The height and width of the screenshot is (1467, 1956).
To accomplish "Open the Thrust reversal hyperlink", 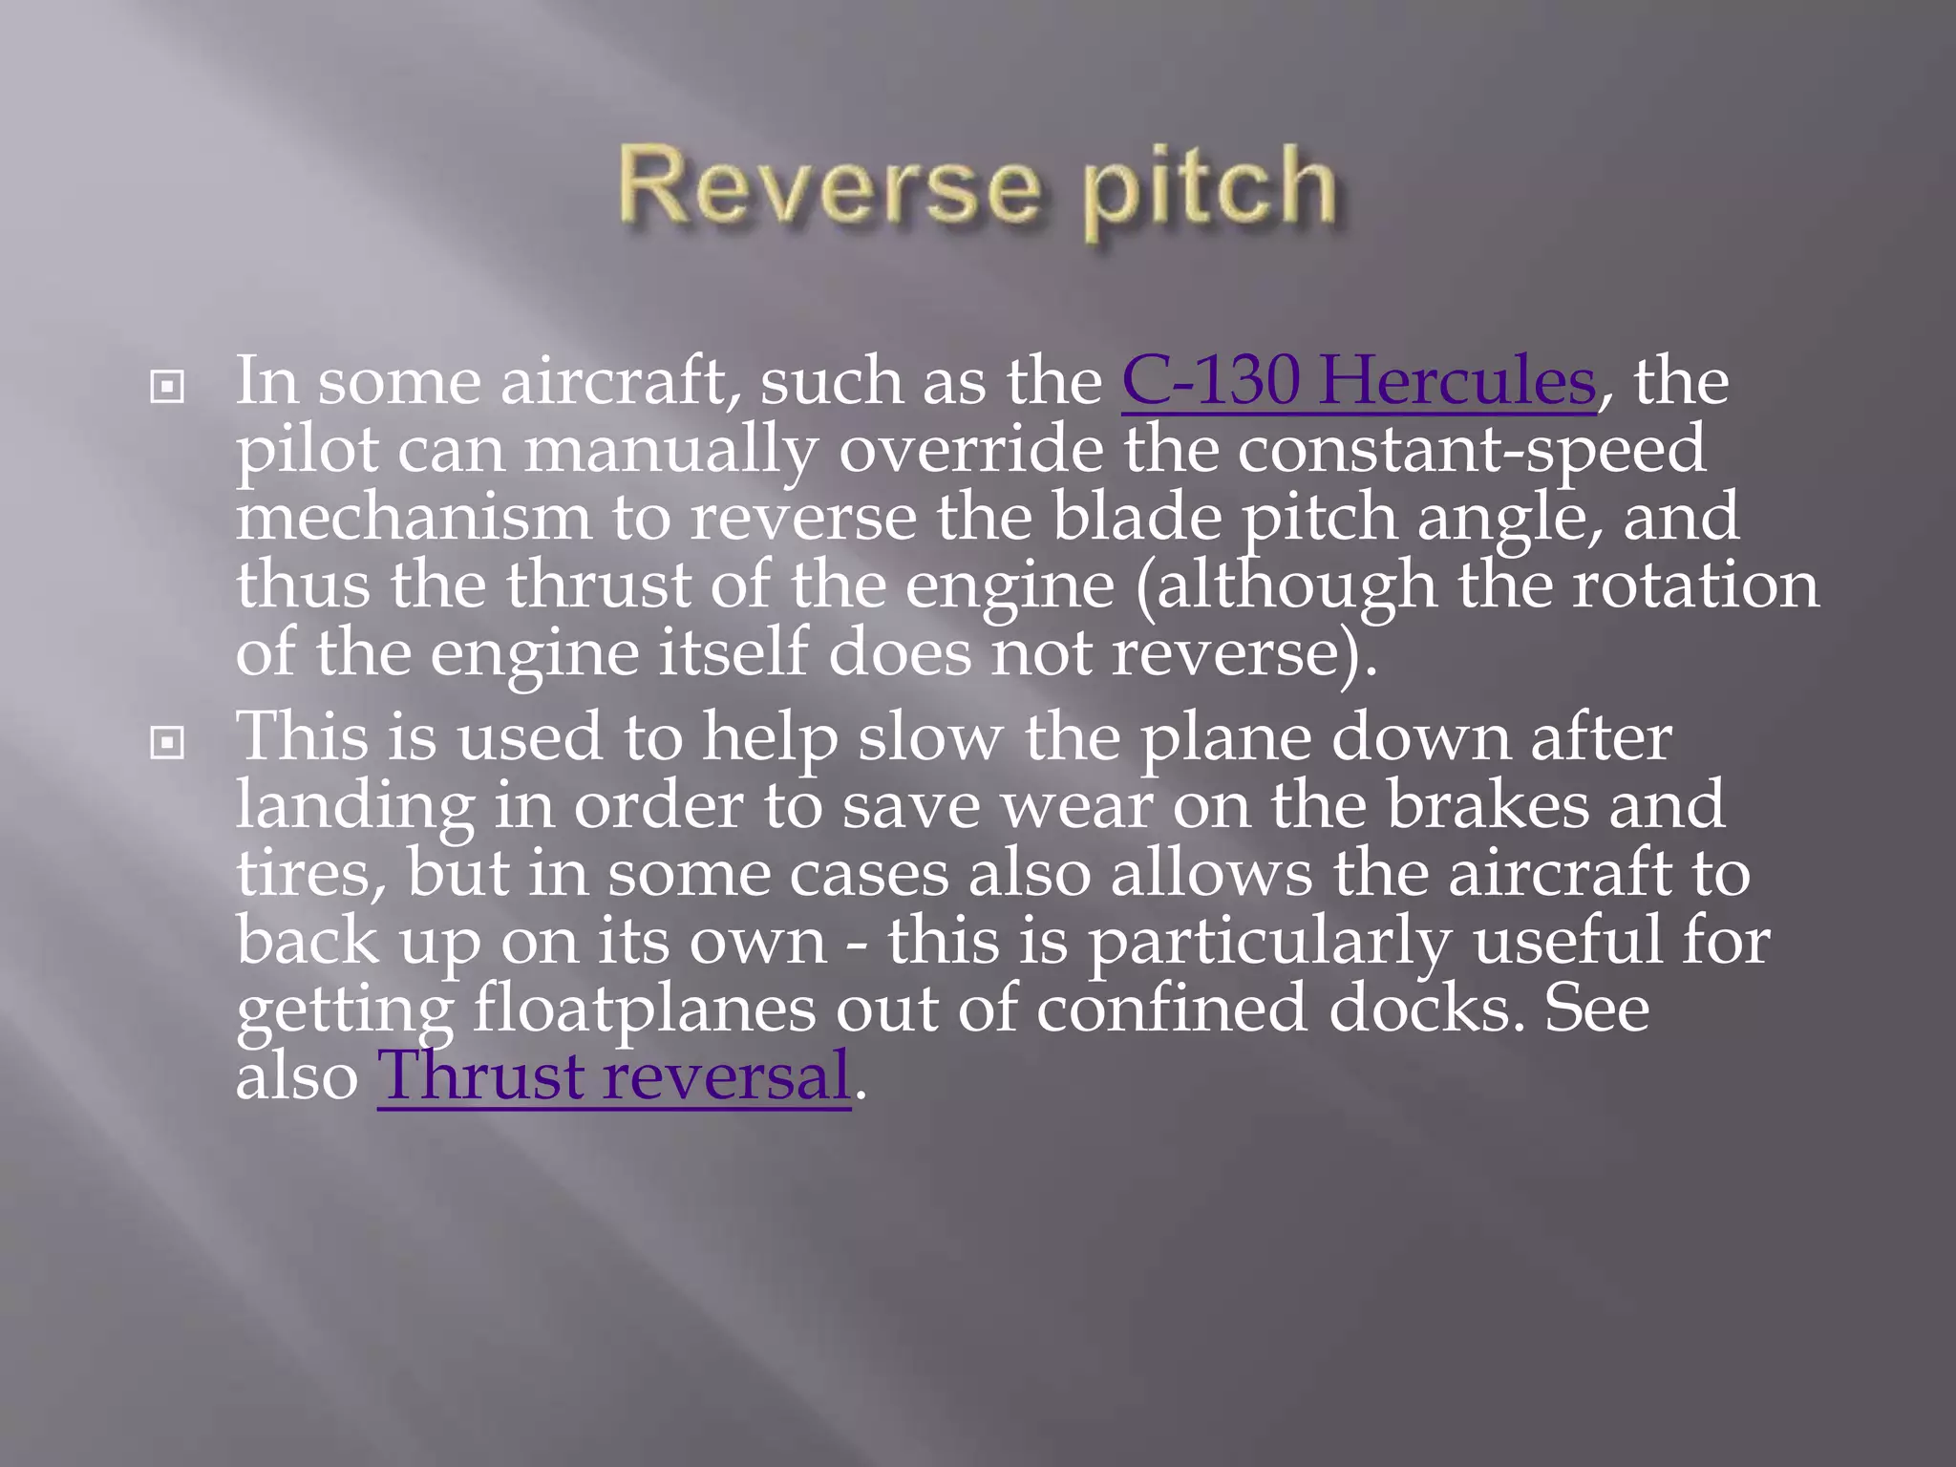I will pos(613,1076).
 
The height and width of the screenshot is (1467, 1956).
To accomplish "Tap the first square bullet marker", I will pos(167,387).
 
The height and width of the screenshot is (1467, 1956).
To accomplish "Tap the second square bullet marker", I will pos(167,742).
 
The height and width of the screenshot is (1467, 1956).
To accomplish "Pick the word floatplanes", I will pos(645,1010).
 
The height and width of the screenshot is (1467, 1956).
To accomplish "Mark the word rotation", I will pos(1695,585).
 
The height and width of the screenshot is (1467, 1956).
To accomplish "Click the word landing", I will pos(355,806).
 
